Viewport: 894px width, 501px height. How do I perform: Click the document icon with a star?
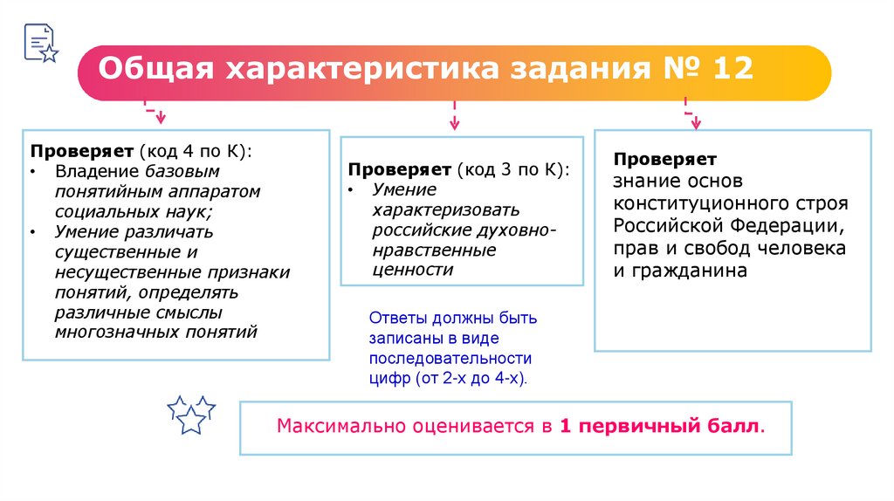coord(39,42)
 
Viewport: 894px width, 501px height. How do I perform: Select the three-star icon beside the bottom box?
coord(190,414)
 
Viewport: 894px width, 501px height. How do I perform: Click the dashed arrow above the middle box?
coord(454,115)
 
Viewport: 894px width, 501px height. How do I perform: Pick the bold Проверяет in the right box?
coord(664,160)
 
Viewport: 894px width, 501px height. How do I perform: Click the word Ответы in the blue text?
coord(395,318)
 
